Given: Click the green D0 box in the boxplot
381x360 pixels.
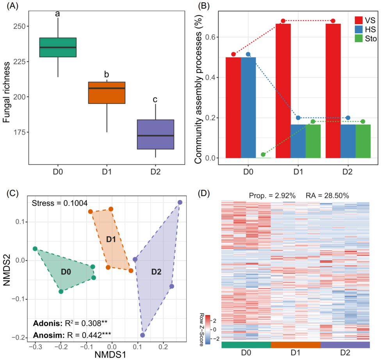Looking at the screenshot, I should pos(58,47).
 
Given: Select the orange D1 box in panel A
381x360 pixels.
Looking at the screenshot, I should pos(107,93).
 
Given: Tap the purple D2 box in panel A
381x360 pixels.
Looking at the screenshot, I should pos(155,134).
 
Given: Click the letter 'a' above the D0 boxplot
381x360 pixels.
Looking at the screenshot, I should pos(57,14).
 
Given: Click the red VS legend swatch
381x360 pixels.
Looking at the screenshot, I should pos(359,20).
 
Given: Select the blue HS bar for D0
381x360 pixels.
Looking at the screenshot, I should pos(248,107).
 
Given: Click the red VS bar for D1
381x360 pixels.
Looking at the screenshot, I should pos(283,91).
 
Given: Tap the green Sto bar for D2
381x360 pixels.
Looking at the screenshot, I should pos(363,141).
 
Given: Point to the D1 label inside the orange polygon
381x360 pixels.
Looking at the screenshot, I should pos(111,239).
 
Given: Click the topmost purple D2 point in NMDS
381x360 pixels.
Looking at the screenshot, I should pos(180,202).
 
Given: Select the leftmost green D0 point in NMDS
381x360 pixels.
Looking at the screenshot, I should pos(35,249).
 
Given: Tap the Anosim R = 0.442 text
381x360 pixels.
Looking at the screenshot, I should pos(71,334).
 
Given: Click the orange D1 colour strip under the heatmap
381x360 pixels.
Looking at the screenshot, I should pos(296,344).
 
